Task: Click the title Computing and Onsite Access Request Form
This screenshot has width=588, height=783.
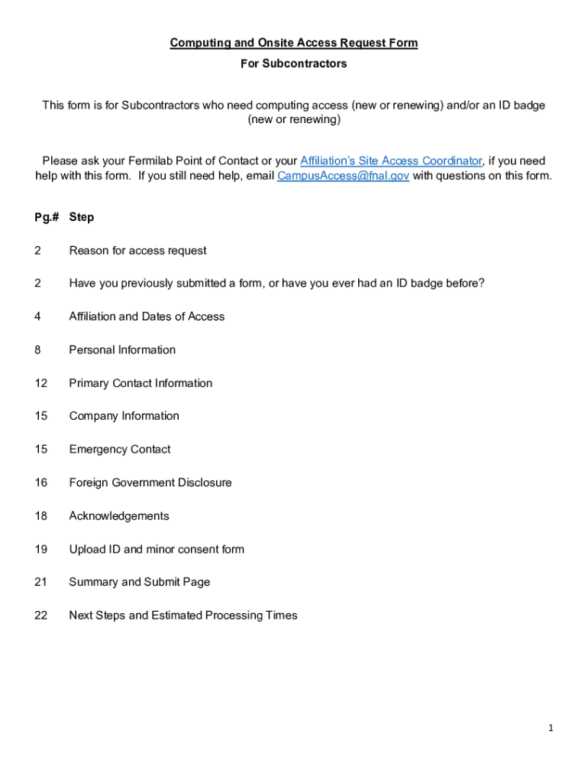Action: (x=293, y=43)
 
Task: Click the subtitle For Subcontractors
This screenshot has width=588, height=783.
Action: (x=293, y=63)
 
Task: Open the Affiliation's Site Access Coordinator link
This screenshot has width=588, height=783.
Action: (x=390, y=161)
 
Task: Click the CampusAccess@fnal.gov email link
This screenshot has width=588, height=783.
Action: (x=343, y=176)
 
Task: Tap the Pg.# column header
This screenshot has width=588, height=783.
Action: (x=47, y=217)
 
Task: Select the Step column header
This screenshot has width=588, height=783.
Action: (x=82, y=217)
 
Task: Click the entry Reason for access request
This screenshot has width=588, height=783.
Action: (x=137, y=251)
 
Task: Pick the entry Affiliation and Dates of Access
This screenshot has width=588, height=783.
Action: (x=147, y=317)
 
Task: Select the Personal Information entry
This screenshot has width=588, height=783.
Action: (x=122, y=350)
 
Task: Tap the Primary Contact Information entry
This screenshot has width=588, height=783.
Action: (x=141, y=383)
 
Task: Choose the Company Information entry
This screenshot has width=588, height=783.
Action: (x=124, y=416)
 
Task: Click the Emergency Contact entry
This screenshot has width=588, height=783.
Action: (x=120, y=450)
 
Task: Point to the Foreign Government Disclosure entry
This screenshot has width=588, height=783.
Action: (x=150, y=482)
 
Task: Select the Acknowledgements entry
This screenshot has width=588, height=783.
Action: (x=119, y=516)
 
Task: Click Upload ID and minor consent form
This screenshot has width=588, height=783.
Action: (x=157, y=549)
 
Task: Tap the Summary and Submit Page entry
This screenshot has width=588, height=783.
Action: (x=139, y=582)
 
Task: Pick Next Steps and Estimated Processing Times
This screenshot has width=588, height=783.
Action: (x=183, y=616)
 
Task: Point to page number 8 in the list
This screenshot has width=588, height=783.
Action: (x=37, y=350)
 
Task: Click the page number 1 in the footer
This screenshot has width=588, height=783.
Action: (x=550, y=729)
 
